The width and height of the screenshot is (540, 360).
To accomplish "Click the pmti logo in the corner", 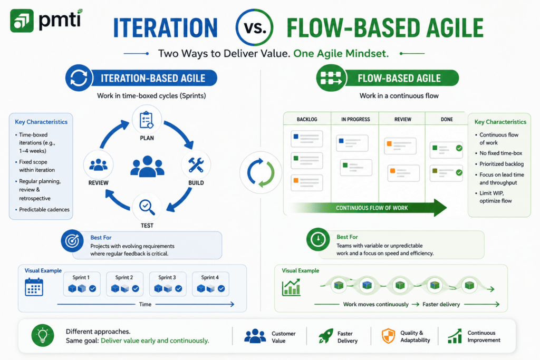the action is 46,20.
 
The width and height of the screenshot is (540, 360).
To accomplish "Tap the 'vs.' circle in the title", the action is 255,27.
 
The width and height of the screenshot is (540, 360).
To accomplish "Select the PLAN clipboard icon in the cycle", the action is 147,120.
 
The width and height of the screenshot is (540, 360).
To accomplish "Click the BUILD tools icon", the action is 196,165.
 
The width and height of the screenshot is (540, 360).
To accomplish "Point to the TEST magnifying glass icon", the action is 147,207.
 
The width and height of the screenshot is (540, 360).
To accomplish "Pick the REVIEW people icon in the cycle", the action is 99,165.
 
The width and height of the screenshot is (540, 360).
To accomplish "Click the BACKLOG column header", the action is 307,120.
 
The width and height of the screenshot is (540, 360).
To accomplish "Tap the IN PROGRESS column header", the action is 355,120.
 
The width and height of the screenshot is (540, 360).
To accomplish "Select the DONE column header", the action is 447,120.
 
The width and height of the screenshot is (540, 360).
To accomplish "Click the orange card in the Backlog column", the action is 307,182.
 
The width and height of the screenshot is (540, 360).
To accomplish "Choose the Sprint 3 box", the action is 168,284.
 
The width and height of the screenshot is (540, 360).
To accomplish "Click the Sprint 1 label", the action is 81,277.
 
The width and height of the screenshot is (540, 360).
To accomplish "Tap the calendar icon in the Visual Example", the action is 34,287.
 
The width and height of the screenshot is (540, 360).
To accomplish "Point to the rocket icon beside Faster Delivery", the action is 326,336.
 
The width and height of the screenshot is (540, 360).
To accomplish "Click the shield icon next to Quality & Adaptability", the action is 389,336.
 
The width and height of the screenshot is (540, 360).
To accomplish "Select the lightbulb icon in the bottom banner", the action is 43,335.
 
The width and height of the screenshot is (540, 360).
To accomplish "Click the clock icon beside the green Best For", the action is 318,239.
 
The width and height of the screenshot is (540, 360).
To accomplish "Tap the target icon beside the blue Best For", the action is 72,241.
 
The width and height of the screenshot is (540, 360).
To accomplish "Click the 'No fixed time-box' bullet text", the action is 501,153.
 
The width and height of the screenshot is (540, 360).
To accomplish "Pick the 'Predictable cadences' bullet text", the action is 44,210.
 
